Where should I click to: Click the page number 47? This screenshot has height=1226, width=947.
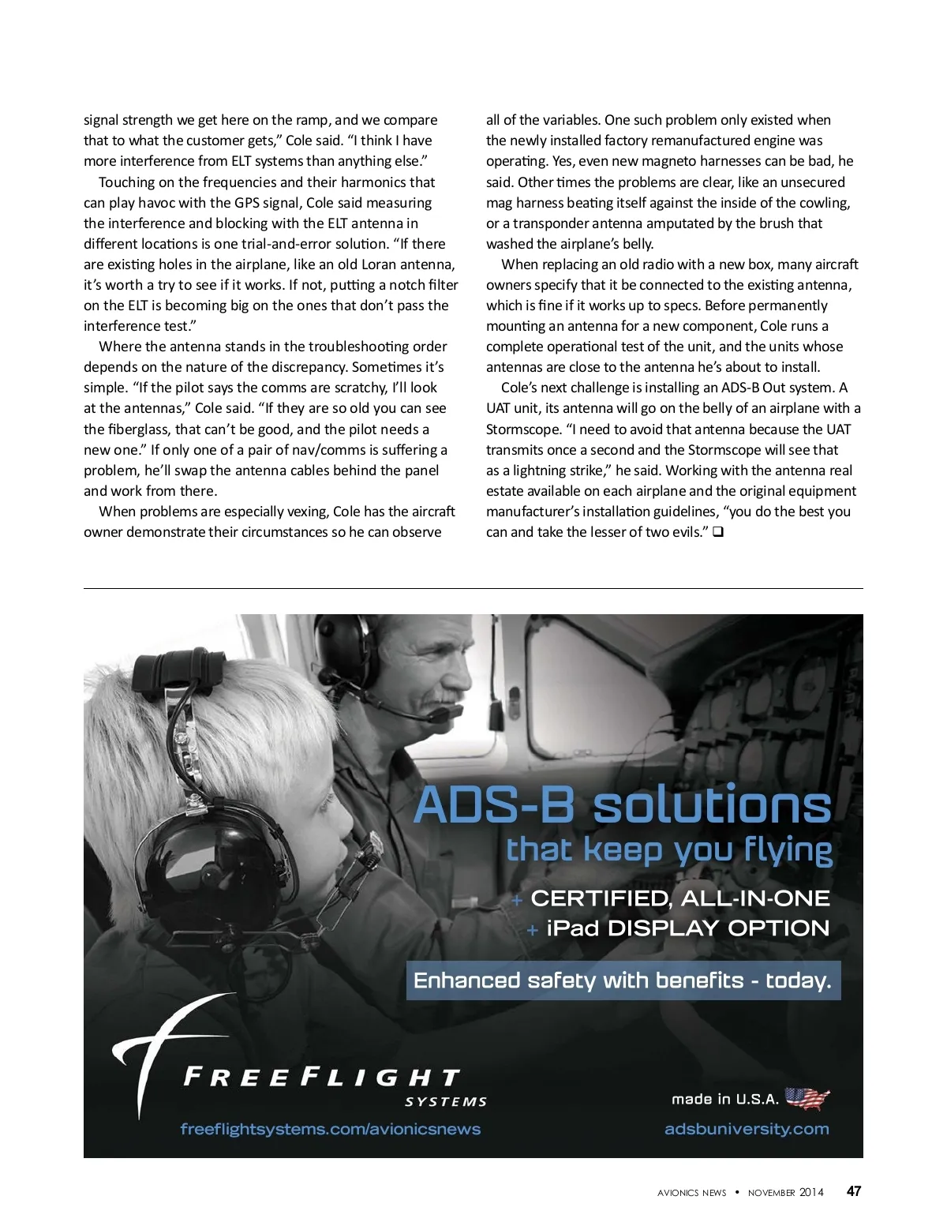coord(853,1191)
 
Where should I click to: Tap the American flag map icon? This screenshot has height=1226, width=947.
coord(807,1098)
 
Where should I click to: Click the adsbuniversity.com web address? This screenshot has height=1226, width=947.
coord(747,1129)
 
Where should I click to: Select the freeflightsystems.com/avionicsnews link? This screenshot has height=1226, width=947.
coord(330,1129)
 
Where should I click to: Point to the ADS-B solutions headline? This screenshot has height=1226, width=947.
coord(623,805)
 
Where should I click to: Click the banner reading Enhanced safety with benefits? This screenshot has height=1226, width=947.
coord(623,980)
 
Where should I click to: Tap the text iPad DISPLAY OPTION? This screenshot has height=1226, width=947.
coord(687,928)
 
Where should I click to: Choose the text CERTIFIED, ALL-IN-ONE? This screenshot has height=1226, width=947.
coord(679,898)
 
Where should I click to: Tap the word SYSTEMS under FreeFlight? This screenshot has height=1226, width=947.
coord(446,1102)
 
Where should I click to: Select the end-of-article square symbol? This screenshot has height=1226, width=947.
coord(718,532)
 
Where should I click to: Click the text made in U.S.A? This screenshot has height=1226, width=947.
coord(724,1099)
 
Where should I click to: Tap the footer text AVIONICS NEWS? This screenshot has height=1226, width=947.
coord(691,1193)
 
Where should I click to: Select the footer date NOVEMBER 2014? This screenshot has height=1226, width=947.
coord(785,1193)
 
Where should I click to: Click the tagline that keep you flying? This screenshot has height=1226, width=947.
coord(668,851)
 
